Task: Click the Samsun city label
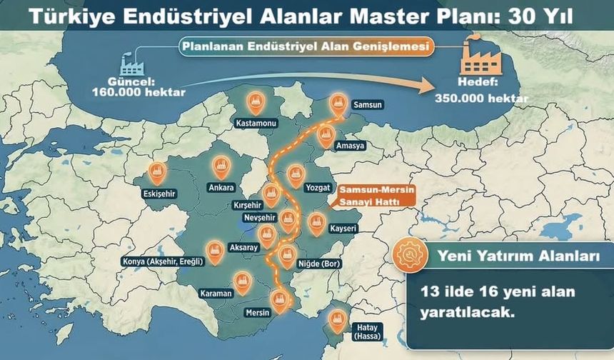click(368, 105)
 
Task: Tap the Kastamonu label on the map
click(256, 124)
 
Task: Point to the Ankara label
click(220, 189)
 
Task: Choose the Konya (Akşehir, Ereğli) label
click(163, 261)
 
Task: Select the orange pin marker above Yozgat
click(295, 174)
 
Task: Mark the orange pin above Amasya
click(326, 135)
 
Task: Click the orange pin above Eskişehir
click(157, 172)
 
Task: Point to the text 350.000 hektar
click(482, 98)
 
